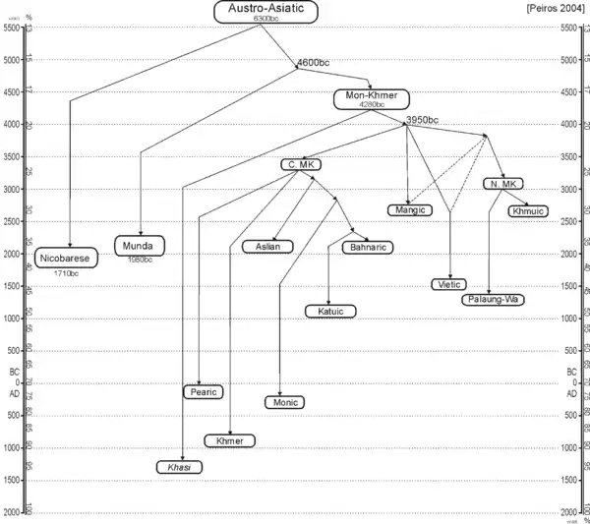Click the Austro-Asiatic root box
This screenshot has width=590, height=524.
[x=261, y=11]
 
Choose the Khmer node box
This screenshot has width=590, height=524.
[x=229, y=440]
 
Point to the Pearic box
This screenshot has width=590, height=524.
[x=205, y=391]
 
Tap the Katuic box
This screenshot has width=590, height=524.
[x=330, y=312]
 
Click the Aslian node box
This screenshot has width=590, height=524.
[x=267, y=247]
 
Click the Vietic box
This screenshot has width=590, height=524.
[x=447, y=284]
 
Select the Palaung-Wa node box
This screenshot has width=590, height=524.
[x=491, y=299]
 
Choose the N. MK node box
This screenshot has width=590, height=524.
[x=502, y=184]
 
